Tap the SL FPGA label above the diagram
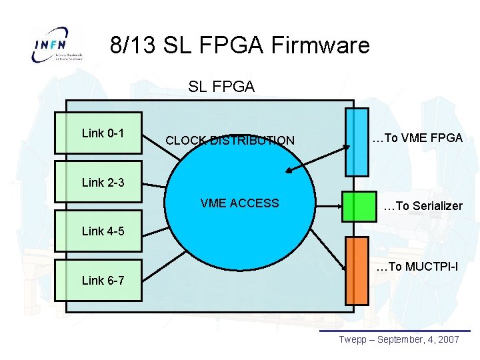pos(221,86)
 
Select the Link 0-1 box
pos(99,133)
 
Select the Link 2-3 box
pos(99,181)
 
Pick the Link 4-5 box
pos(99,231)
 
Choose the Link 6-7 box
pos(99,280)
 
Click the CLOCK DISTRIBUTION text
pos(229,141)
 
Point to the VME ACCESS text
pos(240,203)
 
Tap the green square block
pos(359,206)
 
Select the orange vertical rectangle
pos(356,271)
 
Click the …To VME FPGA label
pos(417,138)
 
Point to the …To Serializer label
pos(423,206)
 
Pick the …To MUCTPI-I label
pos(417,267)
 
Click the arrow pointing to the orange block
pos(327,253)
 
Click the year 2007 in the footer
pos(446,339)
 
